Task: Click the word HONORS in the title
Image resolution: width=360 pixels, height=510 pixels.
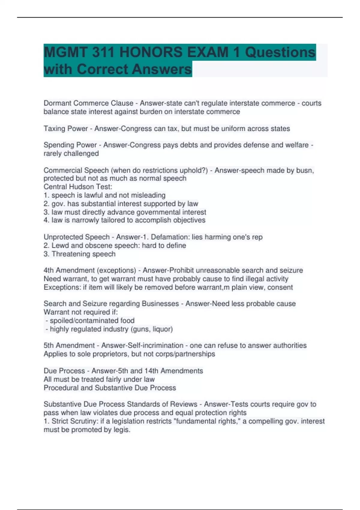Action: (x=151, y=52)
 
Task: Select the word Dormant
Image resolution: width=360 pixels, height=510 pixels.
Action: (x=57, y=103)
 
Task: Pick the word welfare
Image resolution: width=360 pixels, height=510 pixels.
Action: (x=296, y=145)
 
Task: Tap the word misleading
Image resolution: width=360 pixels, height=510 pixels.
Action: (x=147, y=195)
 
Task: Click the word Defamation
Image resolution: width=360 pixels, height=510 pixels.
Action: (x=169, y=237)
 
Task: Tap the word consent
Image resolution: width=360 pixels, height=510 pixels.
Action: (x=280, y=287)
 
